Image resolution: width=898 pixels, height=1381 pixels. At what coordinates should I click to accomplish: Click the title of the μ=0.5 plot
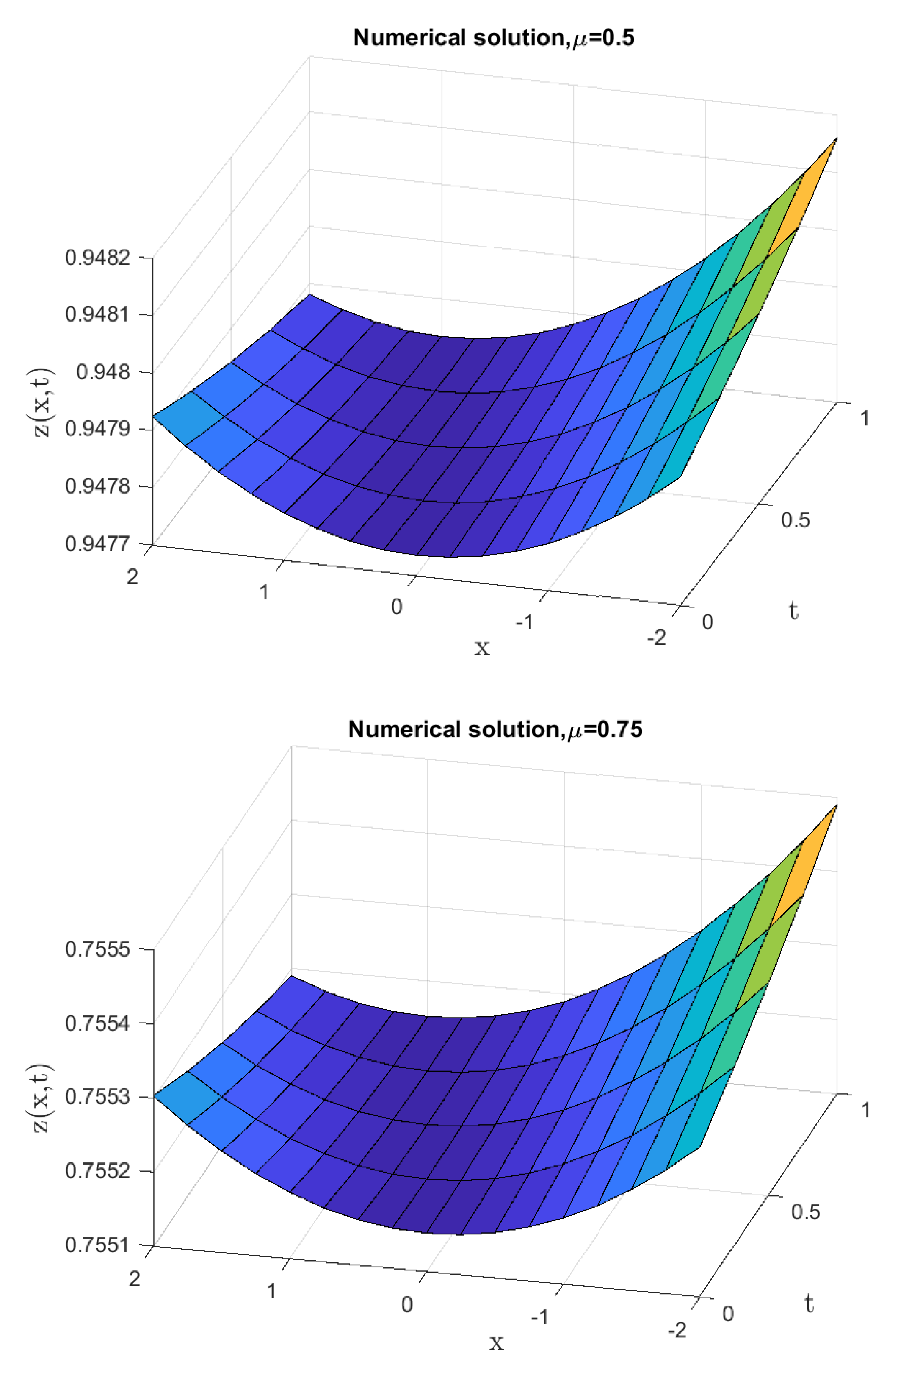click(x=493, y=38)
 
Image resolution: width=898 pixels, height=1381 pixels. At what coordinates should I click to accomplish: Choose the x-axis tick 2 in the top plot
click(x=133, y=577)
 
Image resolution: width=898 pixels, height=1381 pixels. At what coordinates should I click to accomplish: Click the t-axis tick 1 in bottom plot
click(x=865, y=1110)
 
